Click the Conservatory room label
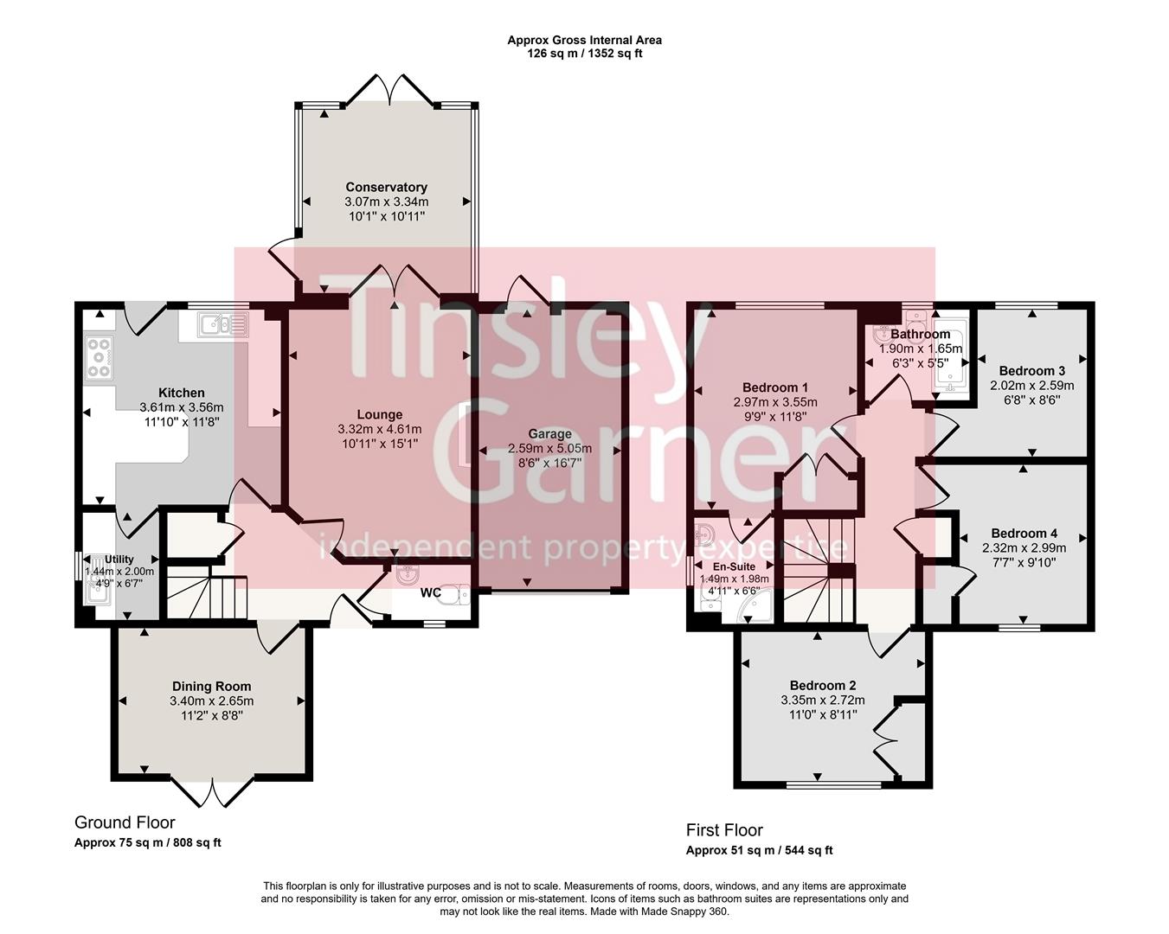point(386,187)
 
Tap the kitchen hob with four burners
point(100,358)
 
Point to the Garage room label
point(549,434)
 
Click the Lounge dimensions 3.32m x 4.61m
point(380,429)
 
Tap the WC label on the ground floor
point(431,593)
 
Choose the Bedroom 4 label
point(1024,534)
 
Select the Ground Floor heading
point(125,822)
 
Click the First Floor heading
point(724,830)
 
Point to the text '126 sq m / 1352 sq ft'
point(584,54)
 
